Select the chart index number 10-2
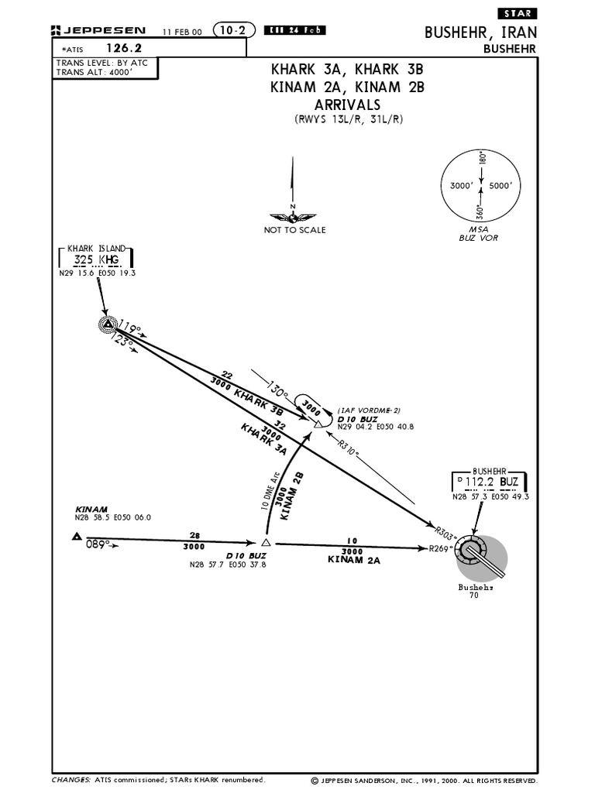pyautogui.click(x=229, y=30)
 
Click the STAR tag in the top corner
pyautogui.click(x=517, y=14)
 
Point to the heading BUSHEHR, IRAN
pyautogui.click(x=480, y=33)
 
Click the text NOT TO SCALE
pyautogui.click(x=295, y=230)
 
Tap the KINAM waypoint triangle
pyautogui.click(x=77, y=536)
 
